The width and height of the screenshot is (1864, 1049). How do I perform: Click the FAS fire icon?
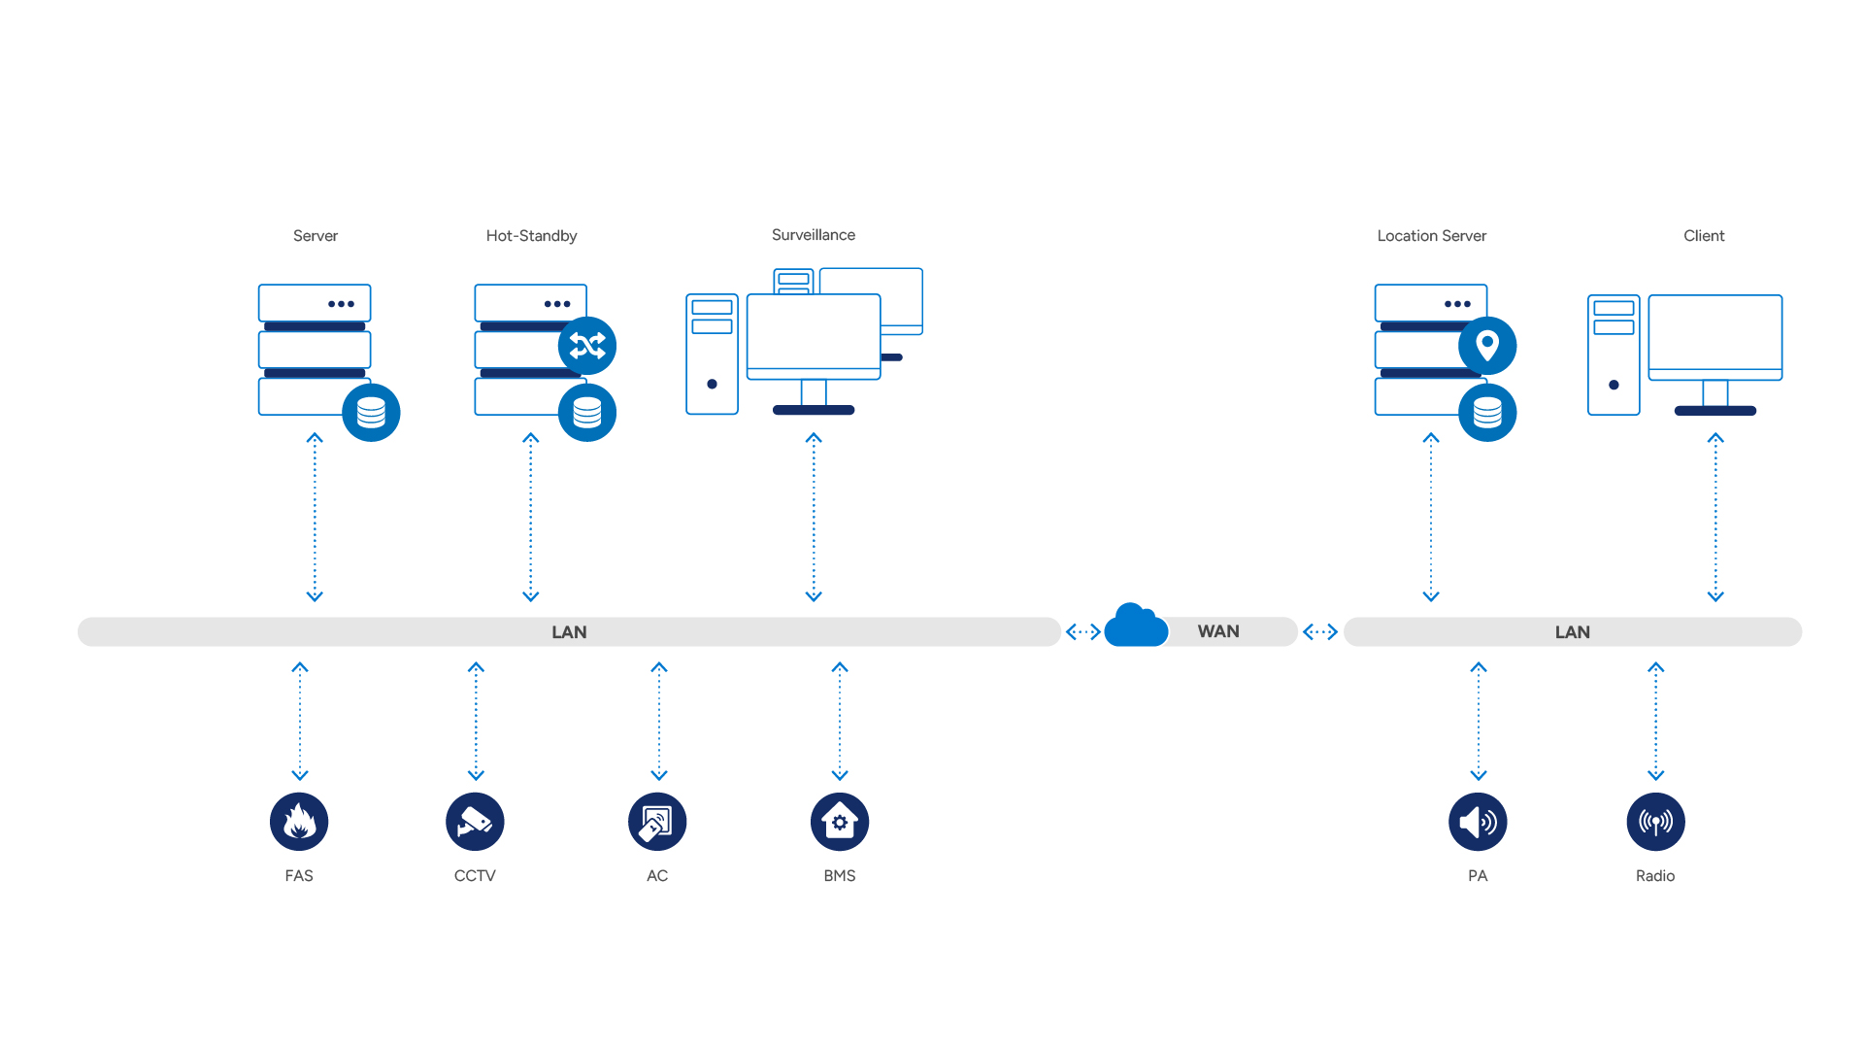point(299,822)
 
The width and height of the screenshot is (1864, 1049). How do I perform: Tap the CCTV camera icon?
point(475,822)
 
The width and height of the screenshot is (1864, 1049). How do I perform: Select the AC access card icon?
point(657,822)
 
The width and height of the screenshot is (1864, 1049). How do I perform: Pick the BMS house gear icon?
point(840,822)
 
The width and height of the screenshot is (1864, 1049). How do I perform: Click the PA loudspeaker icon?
point(1478,822)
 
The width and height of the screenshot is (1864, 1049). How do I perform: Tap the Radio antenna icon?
point(1655,822)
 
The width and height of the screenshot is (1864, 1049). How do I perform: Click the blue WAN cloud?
point(1136,626)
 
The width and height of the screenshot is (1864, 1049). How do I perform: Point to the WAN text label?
point(1218,631)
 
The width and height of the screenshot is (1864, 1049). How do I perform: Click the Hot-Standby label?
point(531,236)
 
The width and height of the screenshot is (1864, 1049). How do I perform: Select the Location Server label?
point(1432,236)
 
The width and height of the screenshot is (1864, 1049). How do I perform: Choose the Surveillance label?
point(814,235)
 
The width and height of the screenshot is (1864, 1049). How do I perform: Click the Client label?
point(1704,236)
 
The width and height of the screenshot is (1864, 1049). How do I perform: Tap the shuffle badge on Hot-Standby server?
point(587,346)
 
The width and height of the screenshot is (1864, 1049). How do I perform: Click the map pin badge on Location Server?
point(1487,346)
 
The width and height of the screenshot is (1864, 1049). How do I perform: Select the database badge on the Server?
point(371,413)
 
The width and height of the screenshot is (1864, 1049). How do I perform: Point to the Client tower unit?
point(1614,355)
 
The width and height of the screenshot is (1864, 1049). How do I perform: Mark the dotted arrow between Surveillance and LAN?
point(814,518)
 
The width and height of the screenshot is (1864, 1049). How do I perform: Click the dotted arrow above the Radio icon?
point(1656,722)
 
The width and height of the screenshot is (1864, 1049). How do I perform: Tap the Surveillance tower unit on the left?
point(712,355)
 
